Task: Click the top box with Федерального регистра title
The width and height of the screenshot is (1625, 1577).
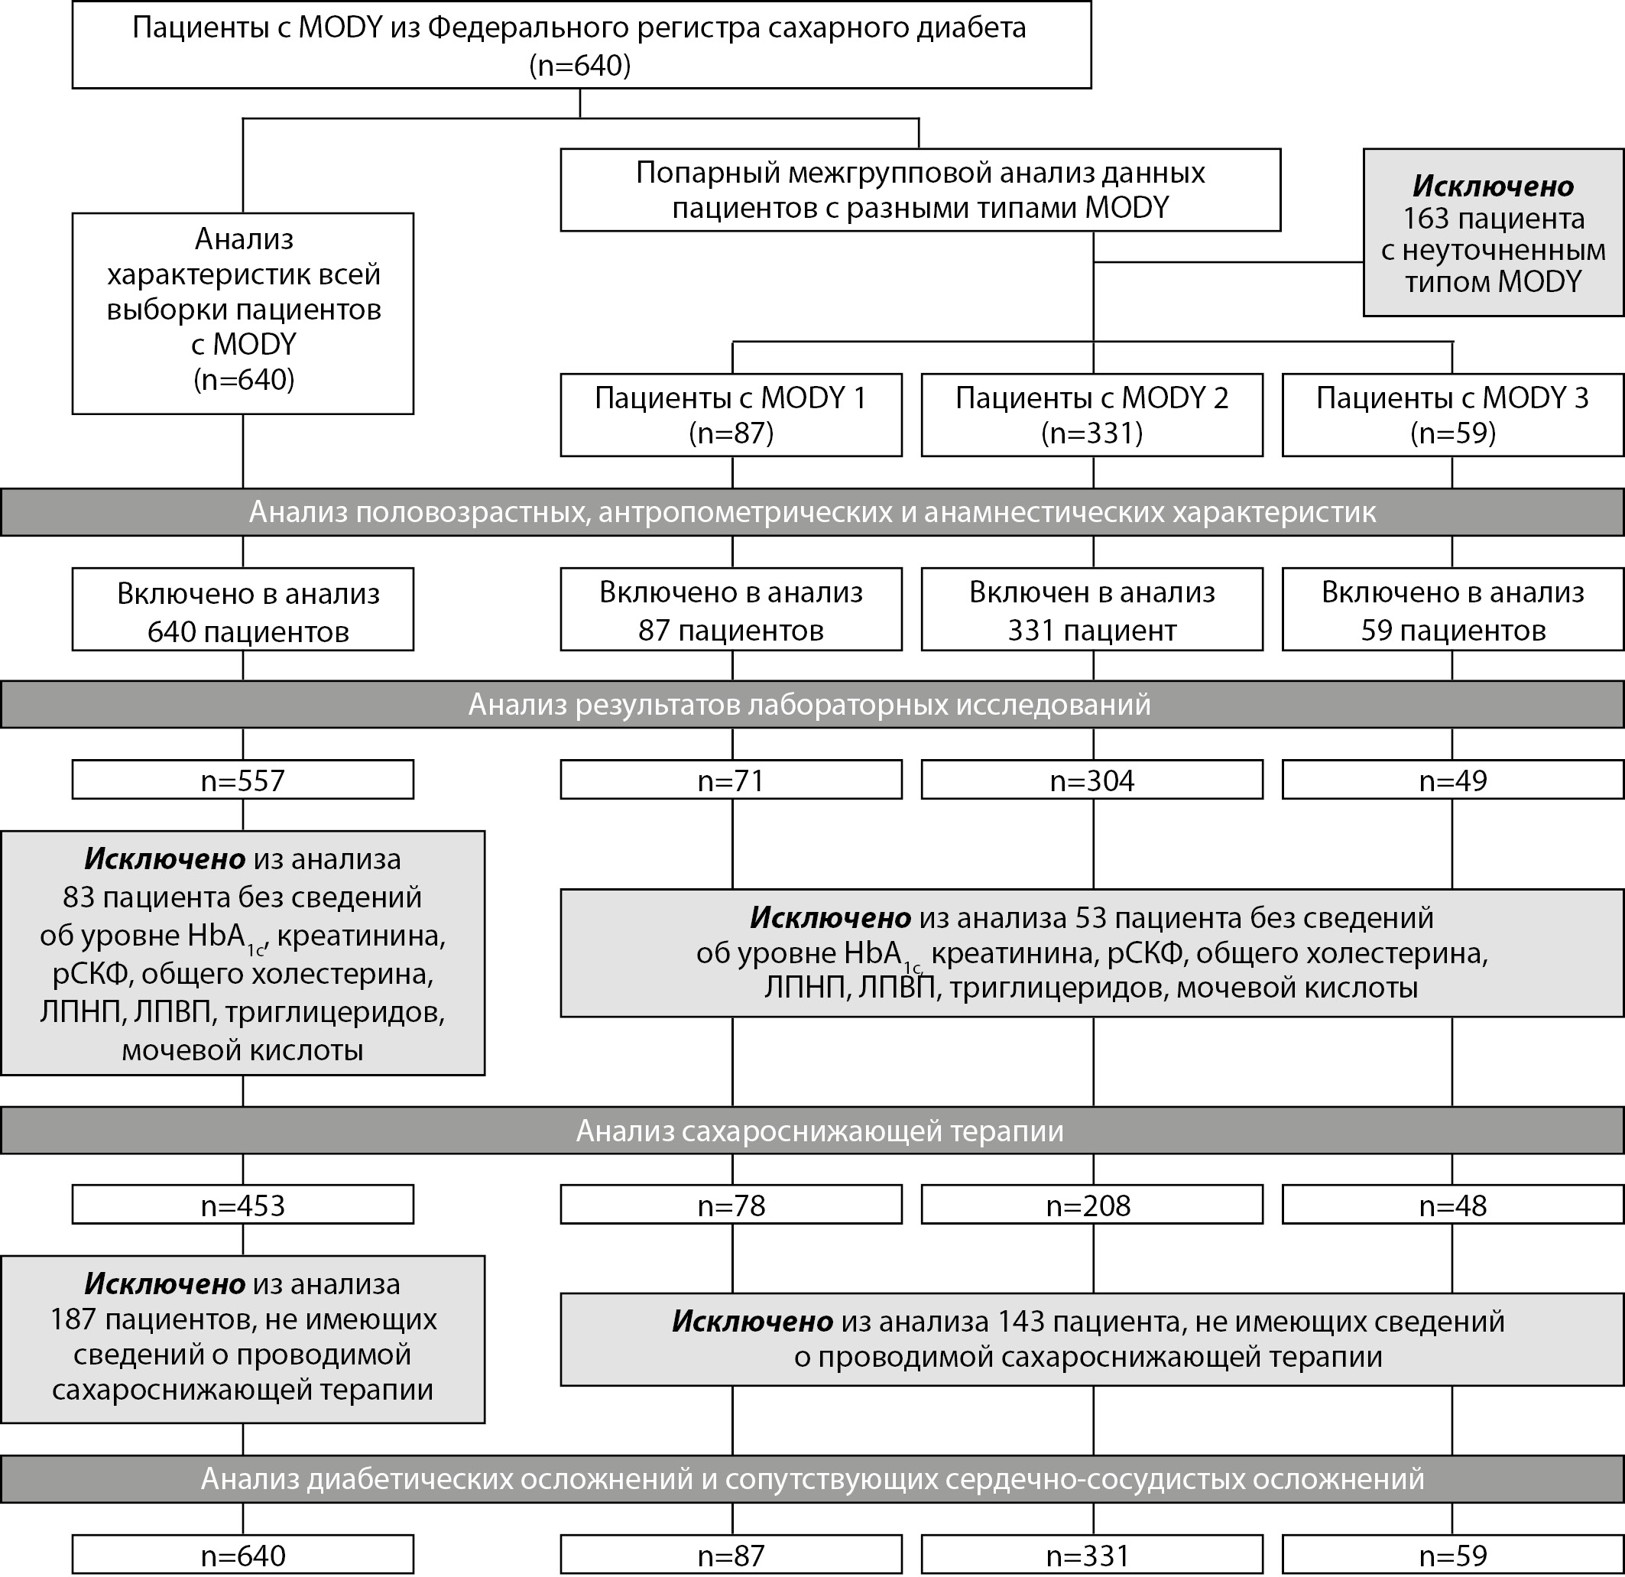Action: [x=580, y=46]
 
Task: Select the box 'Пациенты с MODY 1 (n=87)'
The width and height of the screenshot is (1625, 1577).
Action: [x=731, y=415]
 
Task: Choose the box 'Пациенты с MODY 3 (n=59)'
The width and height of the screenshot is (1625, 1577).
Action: [x=1452, y=415]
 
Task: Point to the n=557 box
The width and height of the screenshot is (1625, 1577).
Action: [x=243, y=780]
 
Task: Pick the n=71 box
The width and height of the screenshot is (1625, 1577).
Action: [x=731, y=780]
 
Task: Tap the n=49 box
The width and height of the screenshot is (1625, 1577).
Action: [x=1452, y=780]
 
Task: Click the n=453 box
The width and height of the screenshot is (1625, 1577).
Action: [x=243, y=1205]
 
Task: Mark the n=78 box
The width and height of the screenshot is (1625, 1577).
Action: [x=731, y=1205]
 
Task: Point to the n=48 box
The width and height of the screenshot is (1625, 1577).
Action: [x=1452, y=1205]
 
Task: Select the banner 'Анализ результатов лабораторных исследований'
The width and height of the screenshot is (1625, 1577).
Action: [x=812, y=705]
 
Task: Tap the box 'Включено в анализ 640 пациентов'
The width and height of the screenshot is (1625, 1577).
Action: [x=243, y=609]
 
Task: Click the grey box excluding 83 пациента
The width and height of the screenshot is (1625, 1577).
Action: [x=243, y=953]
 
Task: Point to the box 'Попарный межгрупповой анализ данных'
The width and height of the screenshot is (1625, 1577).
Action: [x=920, y=190]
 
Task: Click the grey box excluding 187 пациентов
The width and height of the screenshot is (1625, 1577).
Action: [x=243, y=1339]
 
